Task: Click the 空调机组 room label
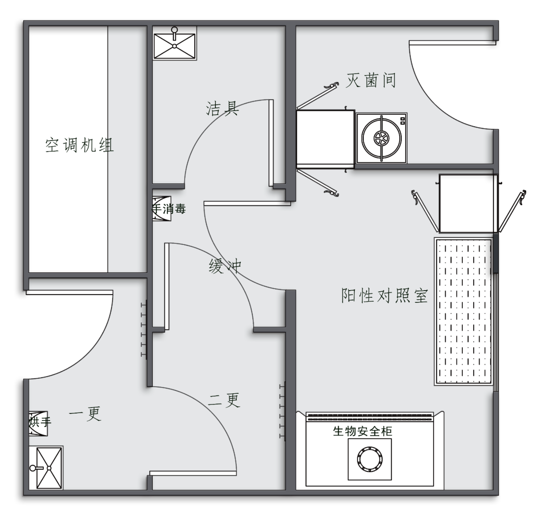[79, 145]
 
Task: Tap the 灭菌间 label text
[371, 81]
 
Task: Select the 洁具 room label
[222, 108]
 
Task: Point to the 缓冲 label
[225, 266]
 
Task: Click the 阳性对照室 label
[384, 296]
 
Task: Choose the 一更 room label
[85, 414]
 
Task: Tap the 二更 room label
[224, 400]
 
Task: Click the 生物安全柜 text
[362, 431]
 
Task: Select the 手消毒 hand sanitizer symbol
[162, 209]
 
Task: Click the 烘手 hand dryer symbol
[38, 423]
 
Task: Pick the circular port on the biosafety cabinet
[370, 458]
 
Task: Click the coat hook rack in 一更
[144, 329]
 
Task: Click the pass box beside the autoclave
[325, 139]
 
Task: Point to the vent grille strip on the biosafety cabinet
[370, 416]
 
